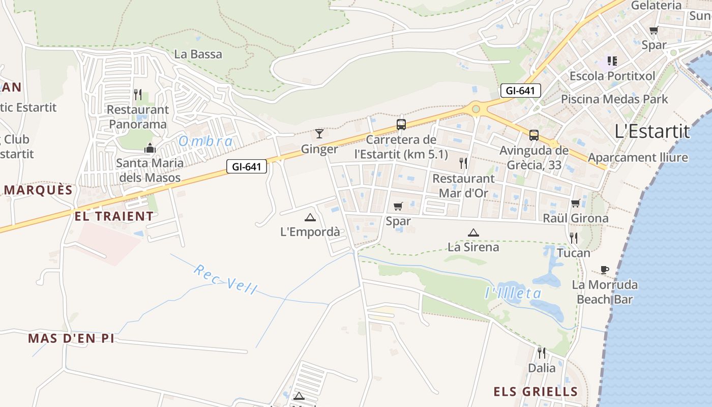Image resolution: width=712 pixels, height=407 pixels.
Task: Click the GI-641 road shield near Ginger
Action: (247, 166)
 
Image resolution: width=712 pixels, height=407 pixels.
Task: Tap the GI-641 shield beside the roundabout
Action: (520, 91)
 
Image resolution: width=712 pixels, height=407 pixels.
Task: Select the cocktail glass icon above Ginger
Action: (319, 134)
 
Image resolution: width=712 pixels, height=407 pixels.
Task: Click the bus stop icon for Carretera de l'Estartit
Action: (401, 124)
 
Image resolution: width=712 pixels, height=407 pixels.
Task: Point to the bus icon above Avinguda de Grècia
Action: (533, 135)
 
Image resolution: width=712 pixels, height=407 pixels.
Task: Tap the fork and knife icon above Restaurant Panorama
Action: (137, 94)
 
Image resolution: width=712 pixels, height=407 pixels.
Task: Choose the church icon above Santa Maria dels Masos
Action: (150, 148)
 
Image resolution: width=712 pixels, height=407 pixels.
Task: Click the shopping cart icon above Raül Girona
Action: (575, 203)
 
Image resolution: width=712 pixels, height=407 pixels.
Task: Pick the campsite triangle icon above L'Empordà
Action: (310, 217)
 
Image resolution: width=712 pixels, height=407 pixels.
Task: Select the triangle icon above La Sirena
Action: (473, 232)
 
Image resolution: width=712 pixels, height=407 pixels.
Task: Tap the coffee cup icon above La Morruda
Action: (604, 269)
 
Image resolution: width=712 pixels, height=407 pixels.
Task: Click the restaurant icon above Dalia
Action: (542, 352)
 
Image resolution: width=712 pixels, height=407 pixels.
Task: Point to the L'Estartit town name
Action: (652, 131)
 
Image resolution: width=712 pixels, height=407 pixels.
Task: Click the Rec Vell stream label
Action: (225, 279)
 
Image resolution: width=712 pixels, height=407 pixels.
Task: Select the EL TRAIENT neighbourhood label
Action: (114, 216)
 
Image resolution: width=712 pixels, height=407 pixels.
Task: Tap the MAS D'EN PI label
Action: (71, 338)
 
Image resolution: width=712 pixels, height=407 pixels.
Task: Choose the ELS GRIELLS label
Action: (536, 391)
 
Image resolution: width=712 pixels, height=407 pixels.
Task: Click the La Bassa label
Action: (198, 54)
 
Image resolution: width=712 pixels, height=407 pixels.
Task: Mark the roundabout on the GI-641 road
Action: (476, 108)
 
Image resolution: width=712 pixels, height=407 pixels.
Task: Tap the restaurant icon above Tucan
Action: (573, 238)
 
